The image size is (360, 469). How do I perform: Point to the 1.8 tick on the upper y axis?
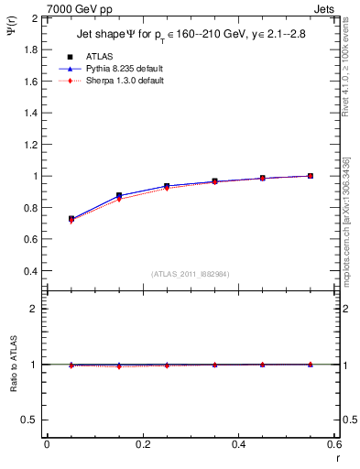point(30,49)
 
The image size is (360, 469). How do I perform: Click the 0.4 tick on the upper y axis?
point(30,271)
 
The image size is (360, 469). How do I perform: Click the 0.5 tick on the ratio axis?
point(30,420)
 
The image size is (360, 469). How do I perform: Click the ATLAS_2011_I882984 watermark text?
point(191,273)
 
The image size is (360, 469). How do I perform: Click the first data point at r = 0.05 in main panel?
point(71,219)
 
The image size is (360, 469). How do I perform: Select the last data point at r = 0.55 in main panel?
point(311,176)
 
